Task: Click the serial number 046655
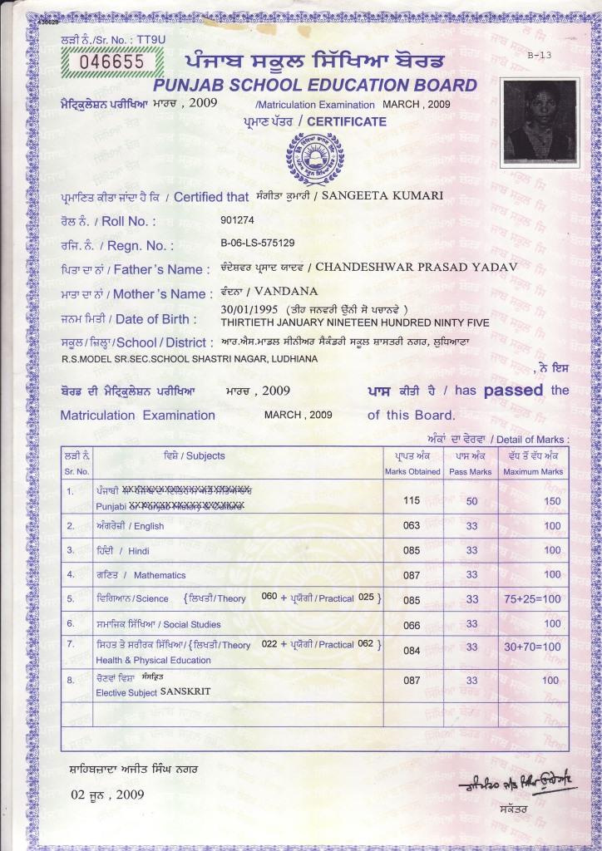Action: click(x=111, y=61)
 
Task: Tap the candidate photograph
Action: click(x=539, y=121)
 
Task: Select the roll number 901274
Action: click(x=238, y=220)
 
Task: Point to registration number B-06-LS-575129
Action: click(x=258, y=243)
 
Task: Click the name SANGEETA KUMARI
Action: click(x=382, y=195)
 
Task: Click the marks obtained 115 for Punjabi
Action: click(x=412, y=501)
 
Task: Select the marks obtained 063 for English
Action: click(x=412, y=525)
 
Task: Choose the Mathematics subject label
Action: click(x=160, y=575)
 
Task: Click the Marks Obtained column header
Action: click(x=412, y=471)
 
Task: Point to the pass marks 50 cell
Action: click(x=471, y=501)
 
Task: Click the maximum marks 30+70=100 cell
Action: click(x=532, y=647)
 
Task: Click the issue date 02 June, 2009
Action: click(x=107, y=794)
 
